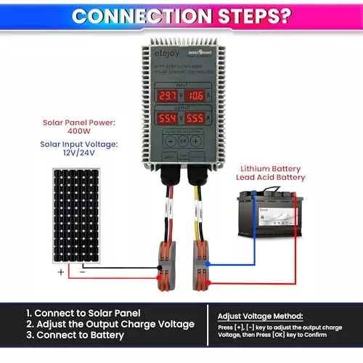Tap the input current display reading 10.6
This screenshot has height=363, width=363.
(x=194, y=96)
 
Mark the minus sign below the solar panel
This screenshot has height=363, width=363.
(x=81, y=272)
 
